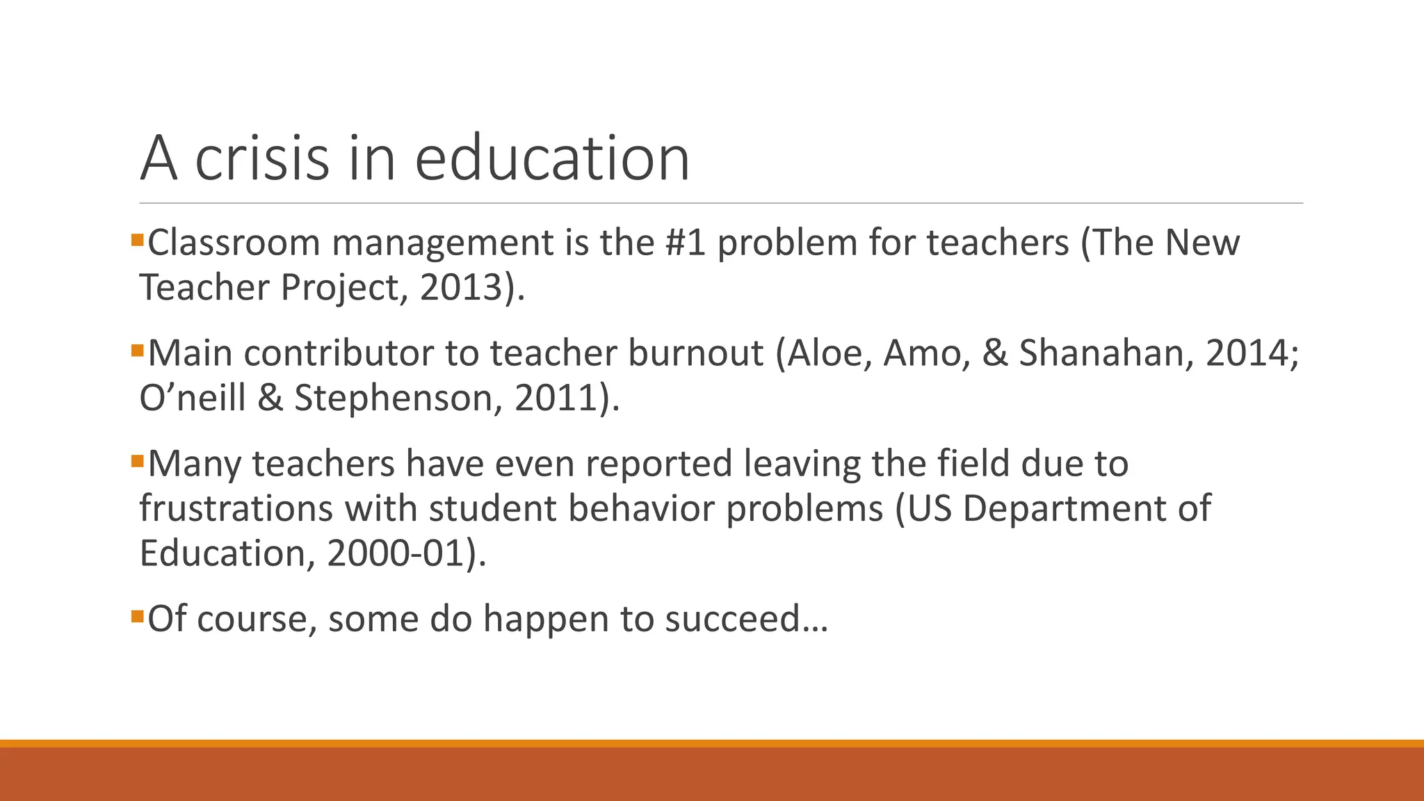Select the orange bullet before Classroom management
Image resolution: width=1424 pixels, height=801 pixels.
click(x=137, y=241)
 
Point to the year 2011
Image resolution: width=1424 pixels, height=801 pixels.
click(x=556, y=398)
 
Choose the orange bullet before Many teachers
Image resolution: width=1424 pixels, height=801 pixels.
click(x=137, y=461)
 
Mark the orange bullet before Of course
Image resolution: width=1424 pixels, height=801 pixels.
click(x=137, y=616)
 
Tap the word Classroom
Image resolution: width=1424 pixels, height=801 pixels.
click(x=234, y=243)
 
